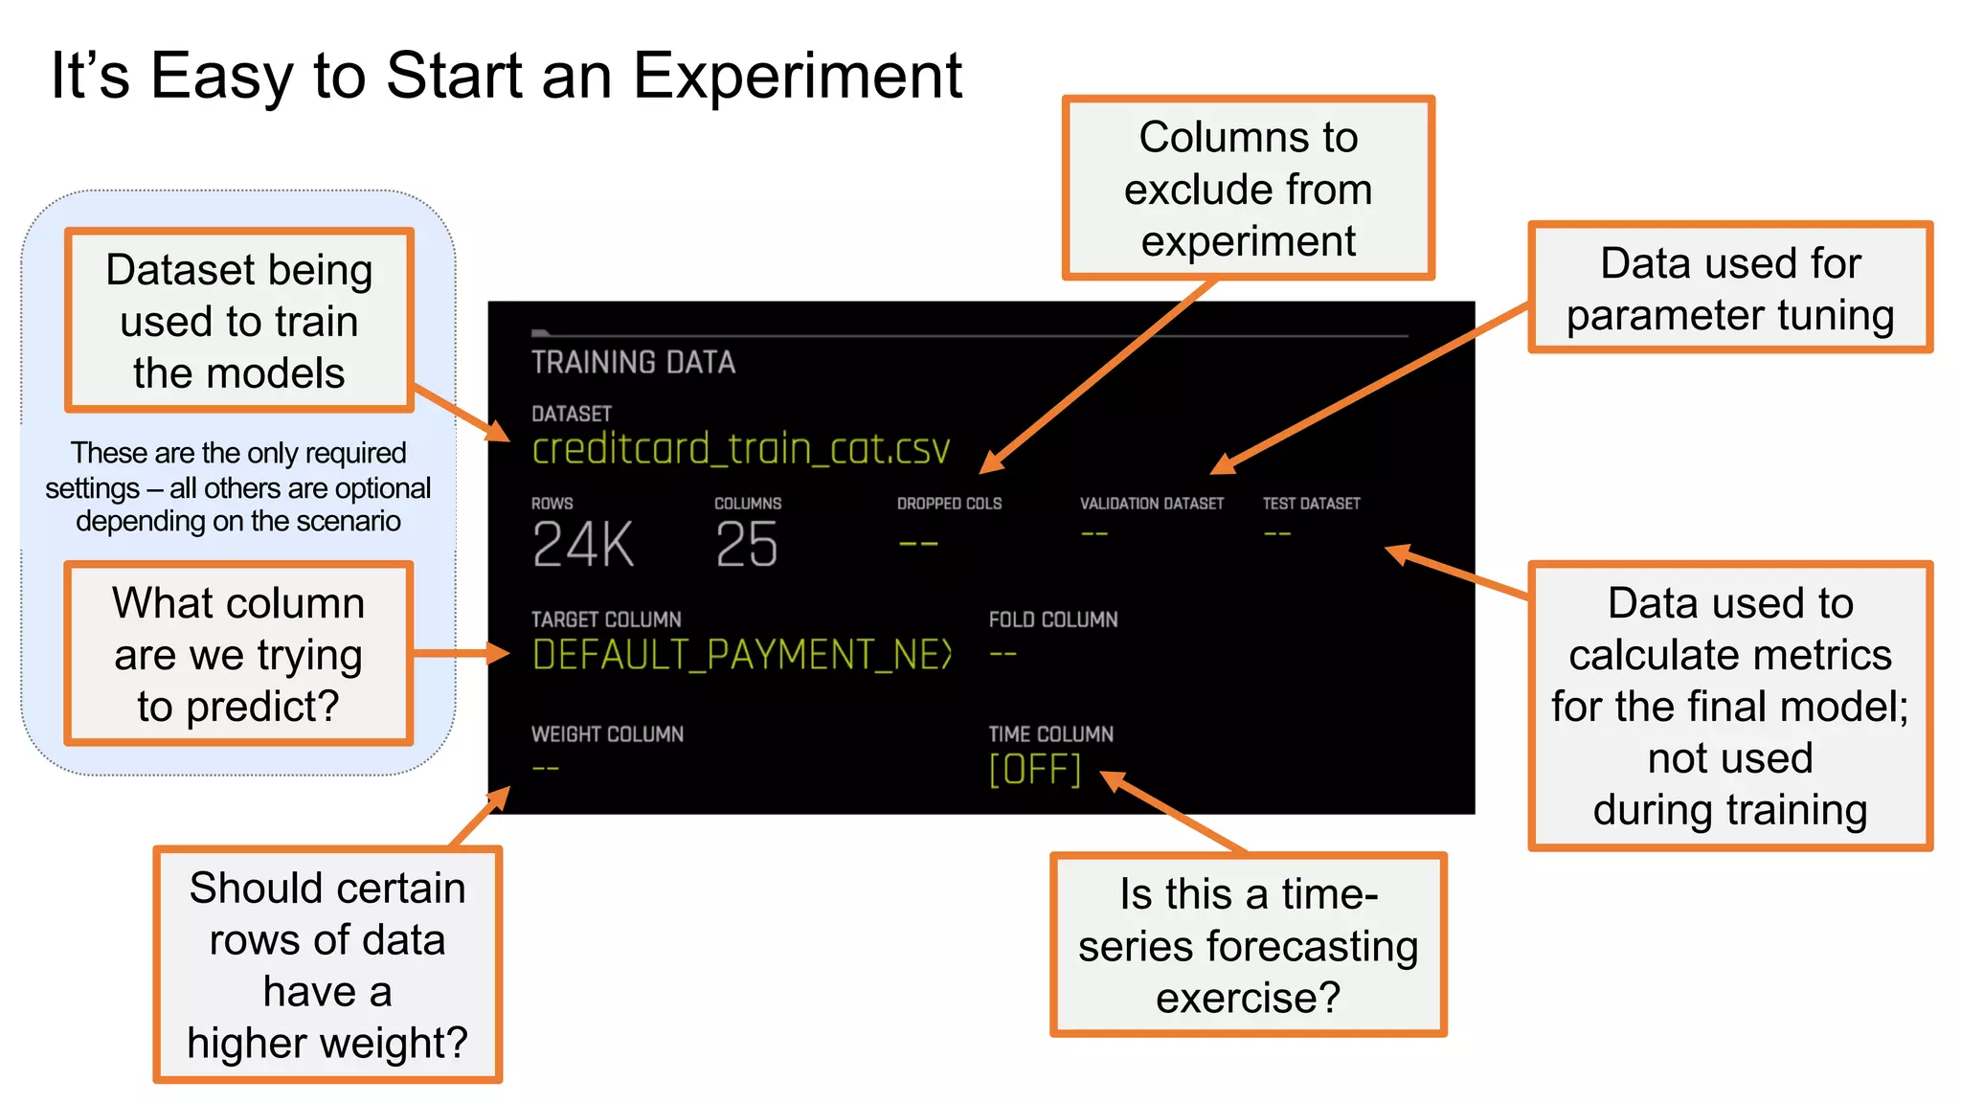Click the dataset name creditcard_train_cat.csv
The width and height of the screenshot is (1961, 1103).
740,448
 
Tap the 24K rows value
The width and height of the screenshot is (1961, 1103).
582,545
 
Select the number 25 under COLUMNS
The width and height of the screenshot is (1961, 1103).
747,545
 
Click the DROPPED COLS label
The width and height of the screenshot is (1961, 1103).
949,504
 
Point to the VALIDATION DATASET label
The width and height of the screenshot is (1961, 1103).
1151,504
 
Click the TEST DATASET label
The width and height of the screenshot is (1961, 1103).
1311,504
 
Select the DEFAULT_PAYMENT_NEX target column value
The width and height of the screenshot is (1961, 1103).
742,655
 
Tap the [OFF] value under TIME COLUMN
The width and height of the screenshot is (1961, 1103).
1034,770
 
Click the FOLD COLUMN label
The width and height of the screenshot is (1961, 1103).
1052,619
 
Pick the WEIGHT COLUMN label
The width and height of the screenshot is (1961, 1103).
607,734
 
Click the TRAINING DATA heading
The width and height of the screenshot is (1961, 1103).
633,362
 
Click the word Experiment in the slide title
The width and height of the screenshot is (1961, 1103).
797,76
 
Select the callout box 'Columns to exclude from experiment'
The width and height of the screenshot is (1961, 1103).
1248,189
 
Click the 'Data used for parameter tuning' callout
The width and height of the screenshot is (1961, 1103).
1729,288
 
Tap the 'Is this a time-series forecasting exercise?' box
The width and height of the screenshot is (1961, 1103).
1248,945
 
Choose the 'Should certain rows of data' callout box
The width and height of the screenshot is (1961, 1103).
327,964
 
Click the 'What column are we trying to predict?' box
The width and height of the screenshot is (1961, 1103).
238,654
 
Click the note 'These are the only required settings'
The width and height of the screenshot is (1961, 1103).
238,486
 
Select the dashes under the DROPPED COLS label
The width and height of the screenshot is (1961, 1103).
917,544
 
